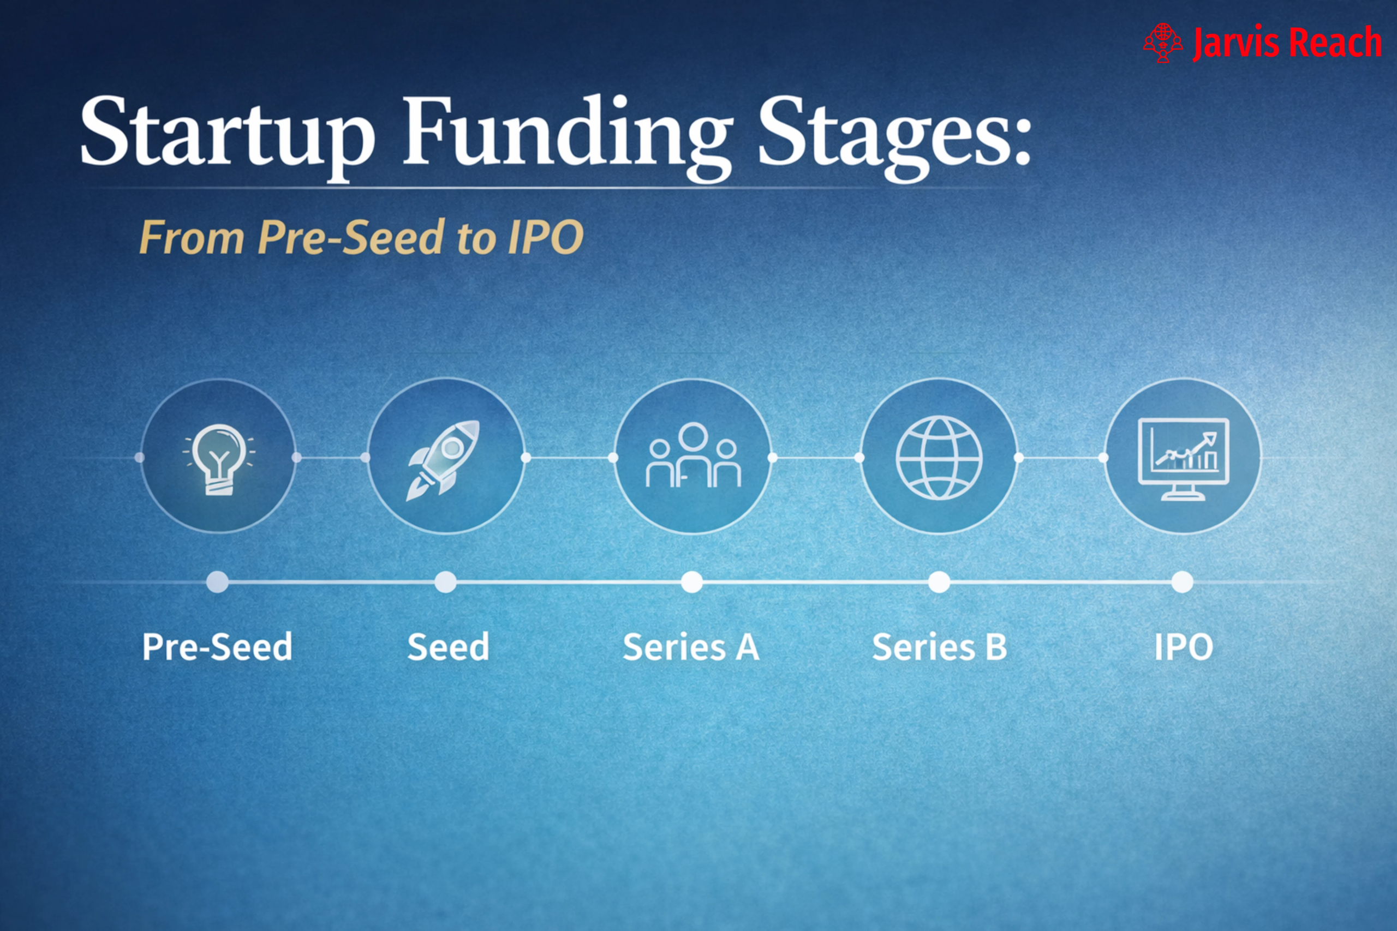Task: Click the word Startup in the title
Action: click(x=226, y=132)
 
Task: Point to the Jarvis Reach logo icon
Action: click(x=1162, y=43)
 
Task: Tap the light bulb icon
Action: click(x=219, y=458)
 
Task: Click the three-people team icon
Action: click(x=692, y=456)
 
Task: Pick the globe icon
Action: click(x=939, y=457)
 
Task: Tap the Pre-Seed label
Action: click(x=217, y=647)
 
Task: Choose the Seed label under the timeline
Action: click(x=449, y=647)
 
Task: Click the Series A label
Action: click(x=691, y=647)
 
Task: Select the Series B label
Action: click(x=939, y=647)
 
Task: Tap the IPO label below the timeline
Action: click(x=1183, y=647)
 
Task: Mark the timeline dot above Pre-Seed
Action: click(x=217, y=582)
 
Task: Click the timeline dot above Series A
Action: click(x=691, y=582)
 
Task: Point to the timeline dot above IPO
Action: click(x=1182, y=582)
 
